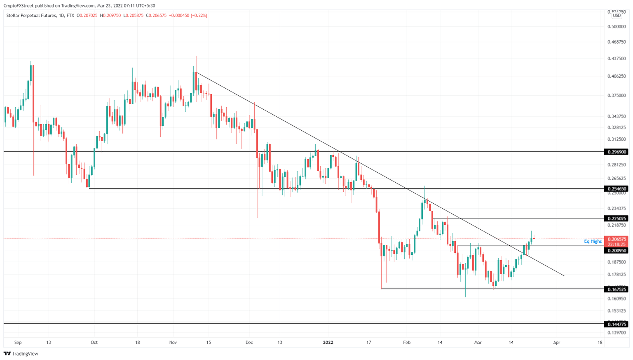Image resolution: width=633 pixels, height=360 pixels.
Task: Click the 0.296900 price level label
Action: pyautogui.click(x=616, y=152)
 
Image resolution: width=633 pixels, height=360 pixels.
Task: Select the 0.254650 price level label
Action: pyautogui.click(x=616, y=188)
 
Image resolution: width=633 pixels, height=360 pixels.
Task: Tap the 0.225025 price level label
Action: pyautogui.click(x=616, y=218)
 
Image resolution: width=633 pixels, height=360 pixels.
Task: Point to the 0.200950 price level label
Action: pyautogui.click(x=616, y=250)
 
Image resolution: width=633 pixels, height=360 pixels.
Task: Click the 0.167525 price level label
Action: pyautogui.click(x=616, y=289)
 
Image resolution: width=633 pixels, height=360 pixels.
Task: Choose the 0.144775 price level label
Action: pyautogui.click(x=616, y=324)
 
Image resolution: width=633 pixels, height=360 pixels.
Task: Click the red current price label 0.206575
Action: pyautogui.click(x=616, y=239)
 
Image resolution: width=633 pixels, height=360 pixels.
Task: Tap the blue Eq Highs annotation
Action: pyautogui.click(x=593, y=241)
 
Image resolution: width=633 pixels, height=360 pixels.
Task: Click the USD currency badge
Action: pyautogui.click(x=617, y=16)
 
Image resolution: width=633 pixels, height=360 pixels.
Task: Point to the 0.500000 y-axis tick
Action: pyautogui.click(x=616, y=26)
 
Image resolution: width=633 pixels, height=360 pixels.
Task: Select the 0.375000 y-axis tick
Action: pyautogui.click(x=616, y=95)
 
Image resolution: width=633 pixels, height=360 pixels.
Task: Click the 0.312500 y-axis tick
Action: pyautogui.click(x=616, y=139)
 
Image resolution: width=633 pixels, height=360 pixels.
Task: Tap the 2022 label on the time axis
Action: pyautogui.click(x=328, y=342)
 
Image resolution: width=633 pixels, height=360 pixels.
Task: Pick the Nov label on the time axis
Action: pyautogui.click(x=173, y=342)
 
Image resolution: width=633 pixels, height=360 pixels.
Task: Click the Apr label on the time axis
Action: pyautogui.click(x=557, y=342)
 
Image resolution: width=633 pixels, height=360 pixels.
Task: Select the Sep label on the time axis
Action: pyautogui.click(x=18, y=342)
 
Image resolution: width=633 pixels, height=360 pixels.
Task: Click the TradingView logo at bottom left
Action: pyautogui.click(x=21, y=353)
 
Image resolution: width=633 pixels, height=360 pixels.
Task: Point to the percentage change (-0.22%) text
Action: pyautogui.click(x=199, y=15)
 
